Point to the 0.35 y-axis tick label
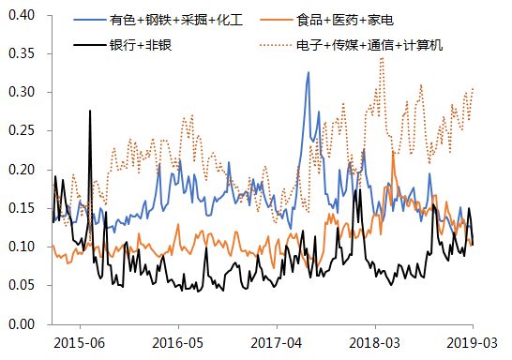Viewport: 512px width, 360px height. tap(21, 54)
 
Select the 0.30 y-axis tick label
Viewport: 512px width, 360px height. tap(21, 93)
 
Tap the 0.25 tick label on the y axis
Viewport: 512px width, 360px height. tap(21, 131)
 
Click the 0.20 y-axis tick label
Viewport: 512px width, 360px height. tap(21, 170)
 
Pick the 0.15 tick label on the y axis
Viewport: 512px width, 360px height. tap(21, 208)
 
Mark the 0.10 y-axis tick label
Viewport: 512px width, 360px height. tap(21, 247)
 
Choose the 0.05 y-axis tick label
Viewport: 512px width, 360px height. tap(21, 285)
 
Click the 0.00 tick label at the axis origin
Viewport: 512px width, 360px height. tap(21, 323)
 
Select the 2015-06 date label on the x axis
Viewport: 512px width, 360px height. tap(79, 343)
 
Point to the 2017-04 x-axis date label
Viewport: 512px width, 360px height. tap(278, 343)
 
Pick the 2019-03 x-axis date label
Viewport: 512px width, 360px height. tap(472, 343)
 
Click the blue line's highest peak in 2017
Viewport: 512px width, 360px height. tap(308, 72)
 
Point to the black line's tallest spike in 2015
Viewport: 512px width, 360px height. tap(90, 111)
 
